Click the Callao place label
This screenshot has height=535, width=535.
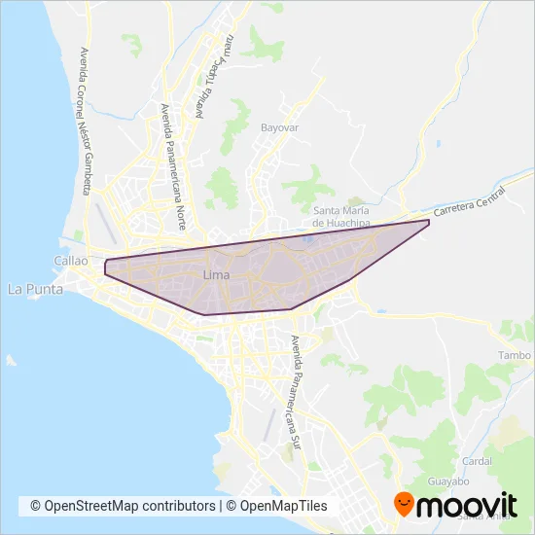pyautogui.click(x=71, y=262)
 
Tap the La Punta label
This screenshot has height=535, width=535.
pyautogui.click(x=29, y=289)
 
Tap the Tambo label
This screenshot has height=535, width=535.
pyautogui.click(x=515, y=356)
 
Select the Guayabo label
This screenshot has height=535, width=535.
pyautogui.click(x=448, y=481)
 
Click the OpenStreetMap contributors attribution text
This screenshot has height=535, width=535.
pyautogui.click(x=129, y=506)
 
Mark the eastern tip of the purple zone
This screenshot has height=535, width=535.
pyautogui.click(x=428, y=223)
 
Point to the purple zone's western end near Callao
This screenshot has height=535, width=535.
pyautogui.click(x=105, y=267)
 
